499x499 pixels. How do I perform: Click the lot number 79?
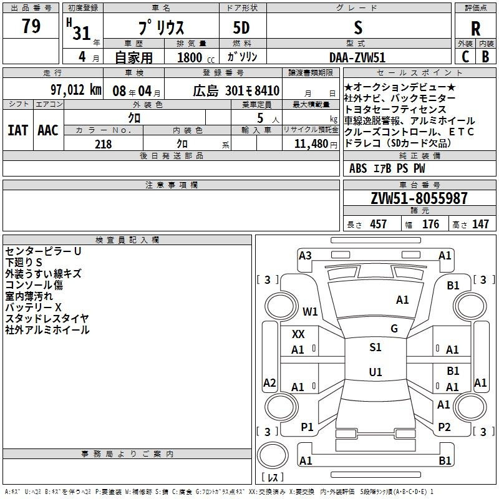[31, 26]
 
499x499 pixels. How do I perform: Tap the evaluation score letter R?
[475, 29]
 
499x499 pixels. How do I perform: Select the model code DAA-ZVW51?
[357, 57]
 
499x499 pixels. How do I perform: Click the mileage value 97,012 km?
[75, 90]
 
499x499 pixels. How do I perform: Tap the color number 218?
[104, 144]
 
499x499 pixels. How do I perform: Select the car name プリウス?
[160, 29]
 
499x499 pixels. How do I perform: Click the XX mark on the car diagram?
[298, 334]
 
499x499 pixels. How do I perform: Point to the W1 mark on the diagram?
[310, 311]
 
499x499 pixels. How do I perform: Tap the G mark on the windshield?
[394, 329]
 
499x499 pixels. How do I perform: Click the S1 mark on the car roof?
[375, 347]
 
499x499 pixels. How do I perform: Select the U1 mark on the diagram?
[375, 372]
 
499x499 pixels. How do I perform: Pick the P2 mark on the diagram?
[444, 427]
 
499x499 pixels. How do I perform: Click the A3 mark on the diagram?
[305, 255]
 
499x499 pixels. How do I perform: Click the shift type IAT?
[17, 130]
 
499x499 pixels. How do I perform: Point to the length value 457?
[378, 224]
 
